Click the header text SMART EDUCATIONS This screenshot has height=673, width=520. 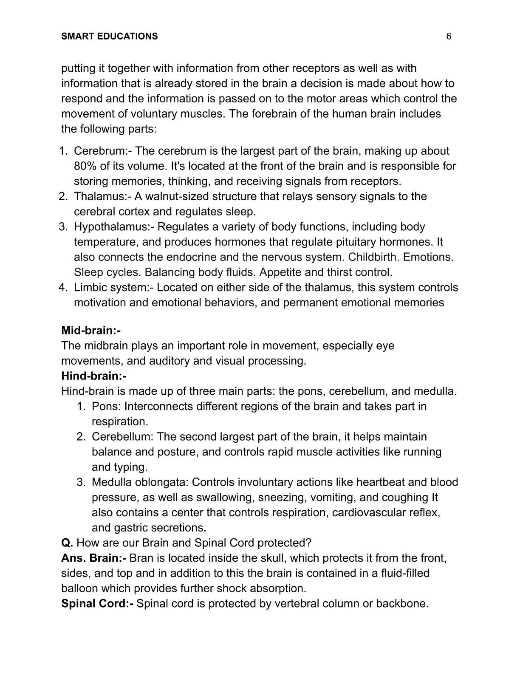click(109, 37)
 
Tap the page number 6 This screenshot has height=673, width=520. click(449, 37)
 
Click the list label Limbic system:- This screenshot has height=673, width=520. click(113, 288)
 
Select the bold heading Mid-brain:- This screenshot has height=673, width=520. click(91, 331)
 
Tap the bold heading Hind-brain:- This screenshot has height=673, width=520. click(94, 376)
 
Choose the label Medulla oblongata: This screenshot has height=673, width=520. click(140, 483)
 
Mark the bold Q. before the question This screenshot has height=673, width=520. click(67, 543)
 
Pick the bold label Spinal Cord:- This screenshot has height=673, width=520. click(97, 604)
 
